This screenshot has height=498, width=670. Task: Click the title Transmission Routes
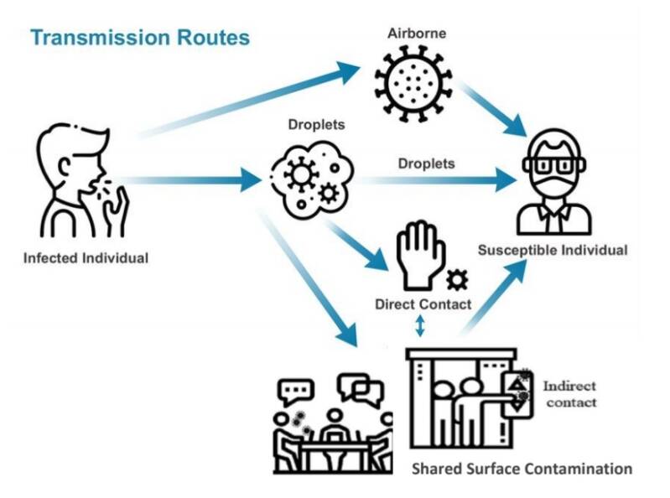[140, 38]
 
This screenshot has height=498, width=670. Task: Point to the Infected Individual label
[86, 258]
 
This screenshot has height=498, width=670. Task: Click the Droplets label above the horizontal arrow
[426, 163]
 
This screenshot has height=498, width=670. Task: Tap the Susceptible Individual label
[553, 250]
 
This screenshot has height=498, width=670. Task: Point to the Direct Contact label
[423, 304]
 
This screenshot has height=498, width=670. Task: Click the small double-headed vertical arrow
[420, 325]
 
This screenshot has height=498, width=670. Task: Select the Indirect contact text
[569, 394]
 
